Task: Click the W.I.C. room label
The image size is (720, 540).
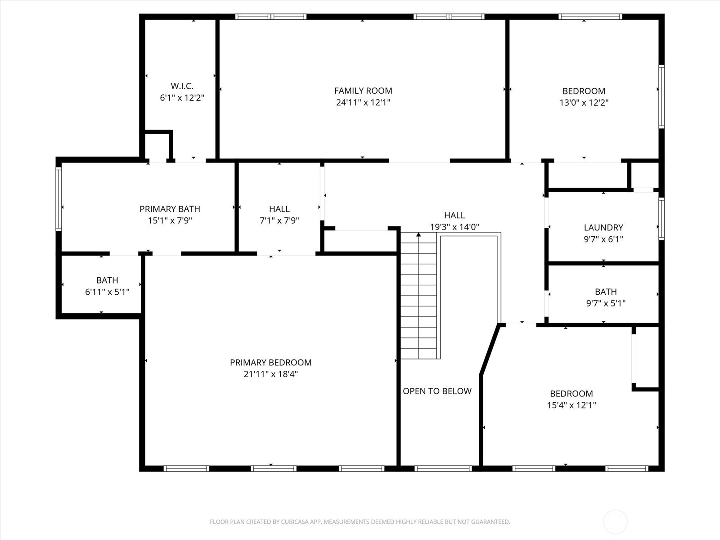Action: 182,86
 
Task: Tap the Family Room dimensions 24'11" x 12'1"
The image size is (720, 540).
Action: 363,103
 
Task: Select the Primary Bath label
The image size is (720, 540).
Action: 170,209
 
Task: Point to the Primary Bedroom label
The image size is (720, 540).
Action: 270,362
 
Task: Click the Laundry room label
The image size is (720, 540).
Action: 603,227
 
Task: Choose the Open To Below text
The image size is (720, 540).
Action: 437,391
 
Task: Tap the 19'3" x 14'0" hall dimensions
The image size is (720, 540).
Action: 454,227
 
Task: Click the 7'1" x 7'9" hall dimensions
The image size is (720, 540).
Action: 279,220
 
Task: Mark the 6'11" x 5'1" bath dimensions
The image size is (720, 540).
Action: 107,292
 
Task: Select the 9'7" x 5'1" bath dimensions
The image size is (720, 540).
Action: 606,303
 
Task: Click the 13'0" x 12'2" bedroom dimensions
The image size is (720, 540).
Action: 584,103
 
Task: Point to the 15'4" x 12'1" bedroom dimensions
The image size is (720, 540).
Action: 571,405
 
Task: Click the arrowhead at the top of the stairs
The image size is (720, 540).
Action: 418,234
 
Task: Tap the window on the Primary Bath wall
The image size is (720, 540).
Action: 58,198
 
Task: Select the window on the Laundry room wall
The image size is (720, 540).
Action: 661,219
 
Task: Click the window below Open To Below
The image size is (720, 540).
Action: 443,469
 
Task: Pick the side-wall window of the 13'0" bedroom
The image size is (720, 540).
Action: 661,96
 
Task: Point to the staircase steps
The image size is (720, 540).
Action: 418,295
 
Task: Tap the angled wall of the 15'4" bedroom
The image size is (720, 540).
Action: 490,350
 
